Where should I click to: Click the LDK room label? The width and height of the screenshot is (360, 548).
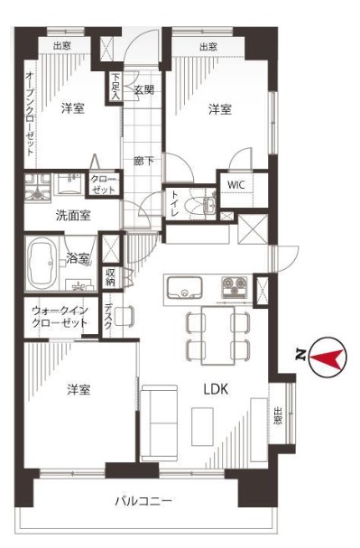[216, 389]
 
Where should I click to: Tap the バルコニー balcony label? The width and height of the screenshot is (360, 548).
[143, 502]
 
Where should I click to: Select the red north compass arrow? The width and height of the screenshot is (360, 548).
[326, 358]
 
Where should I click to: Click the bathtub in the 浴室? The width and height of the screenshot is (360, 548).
[42, 263]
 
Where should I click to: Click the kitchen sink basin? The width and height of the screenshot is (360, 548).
[184, 288]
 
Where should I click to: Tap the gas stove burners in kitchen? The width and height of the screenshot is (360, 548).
[235, 286]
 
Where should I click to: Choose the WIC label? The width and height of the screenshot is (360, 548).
[235, 184]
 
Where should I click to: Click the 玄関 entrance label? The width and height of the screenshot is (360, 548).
[143, 89]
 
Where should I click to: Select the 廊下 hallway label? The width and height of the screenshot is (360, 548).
[143, 161]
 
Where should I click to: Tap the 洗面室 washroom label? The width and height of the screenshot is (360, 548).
[73, 216]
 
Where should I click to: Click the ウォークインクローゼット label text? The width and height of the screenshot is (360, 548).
[60, 317]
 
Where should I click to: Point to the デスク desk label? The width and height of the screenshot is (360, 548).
[108, 317]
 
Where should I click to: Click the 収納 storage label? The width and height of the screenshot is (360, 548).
[110, 277]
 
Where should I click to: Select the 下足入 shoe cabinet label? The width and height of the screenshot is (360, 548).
[115, 87]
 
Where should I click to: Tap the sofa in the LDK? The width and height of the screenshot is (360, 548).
[159, 423]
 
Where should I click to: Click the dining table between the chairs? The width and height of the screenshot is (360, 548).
[217, 335]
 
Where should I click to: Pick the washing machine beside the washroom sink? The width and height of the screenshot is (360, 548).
[37, 187]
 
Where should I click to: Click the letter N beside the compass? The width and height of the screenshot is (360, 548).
[300, 355]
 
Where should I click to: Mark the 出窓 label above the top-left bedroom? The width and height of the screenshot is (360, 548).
[62, 46]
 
